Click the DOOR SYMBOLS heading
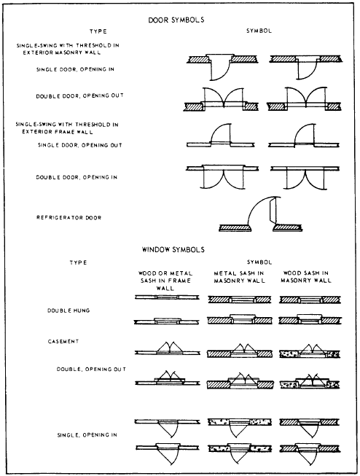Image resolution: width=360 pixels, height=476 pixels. pos(176,20)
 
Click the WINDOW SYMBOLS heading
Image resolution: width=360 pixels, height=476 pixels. pos(173,249)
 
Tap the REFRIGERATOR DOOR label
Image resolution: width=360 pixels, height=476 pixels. pos(69,218)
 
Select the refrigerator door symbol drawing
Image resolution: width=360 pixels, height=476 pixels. pos(260,214)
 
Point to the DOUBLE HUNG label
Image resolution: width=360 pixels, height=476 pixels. pos(69,311)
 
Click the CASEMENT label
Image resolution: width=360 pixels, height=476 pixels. pos(63,342)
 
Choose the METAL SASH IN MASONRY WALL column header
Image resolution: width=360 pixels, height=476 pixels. pos(239,277)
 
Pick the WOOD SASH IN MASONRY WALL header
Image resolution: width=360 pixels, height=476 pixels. pos(306,277)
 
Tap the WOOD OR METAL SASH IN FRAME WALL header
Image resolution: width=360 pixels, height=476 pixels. pos(165,281)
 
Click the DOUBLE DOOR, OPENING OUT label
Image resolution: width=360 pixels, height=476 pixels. pos(80,96)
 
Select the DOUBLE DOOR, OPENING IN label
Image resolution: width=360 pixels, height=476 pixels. pos(77,177)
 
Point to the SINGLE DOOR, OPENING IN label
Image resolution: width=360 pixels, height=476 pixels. pos(75,69)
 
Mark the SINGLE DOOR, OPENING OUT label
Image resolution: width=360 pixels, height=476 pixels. pos(80,145)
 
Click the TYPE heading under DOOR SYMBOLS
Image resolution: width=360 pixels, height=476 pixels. pos(98,31)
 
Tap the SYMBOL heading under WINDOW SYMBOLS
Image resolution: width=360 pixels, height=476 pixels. pos(259,262)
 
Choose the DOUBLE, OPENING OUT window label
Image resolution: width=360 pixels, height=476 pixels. pos(91,369)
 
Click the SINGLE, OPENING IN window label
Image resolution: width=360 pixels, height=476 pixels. pos(87,435)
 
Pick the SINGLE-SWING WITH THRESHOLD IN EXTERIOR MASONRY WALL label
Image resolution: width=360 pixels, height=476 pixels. pos(68,49)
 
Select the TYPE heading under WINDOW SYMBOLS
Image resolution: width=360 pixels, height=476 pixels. pos(78,262)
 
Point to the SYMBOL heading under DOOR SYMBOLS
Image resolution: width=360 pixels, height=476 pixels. pos(259,31)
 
